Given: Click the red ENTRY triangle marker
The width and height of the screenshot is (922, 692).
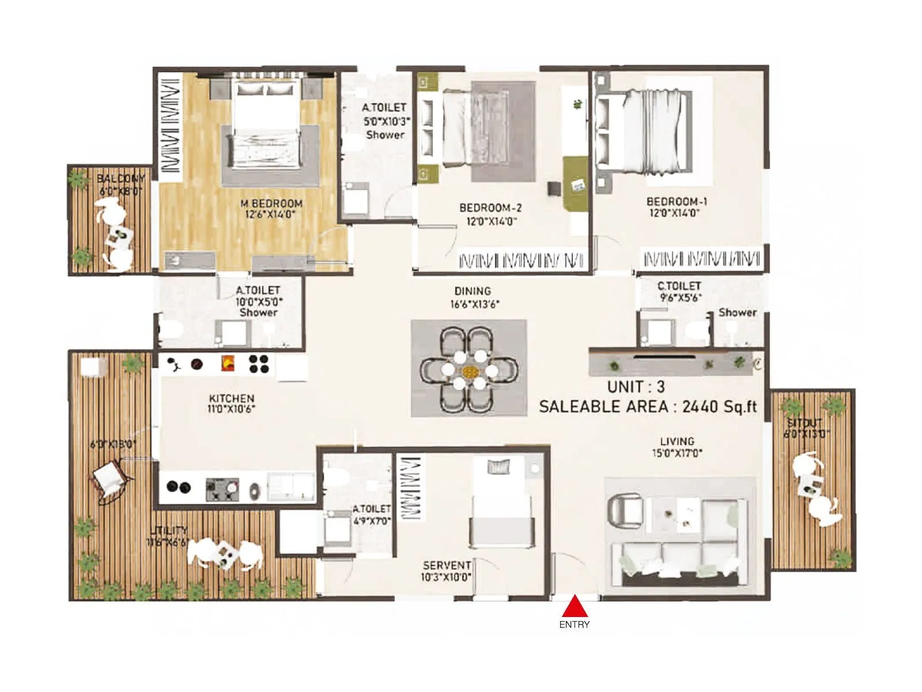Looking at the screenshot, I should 574,607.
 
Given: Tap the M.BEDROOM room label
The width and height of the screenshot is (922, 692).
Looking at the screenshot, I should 271,204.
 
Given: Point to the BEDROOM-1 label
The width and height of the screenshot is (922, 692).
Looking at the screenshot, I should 677,202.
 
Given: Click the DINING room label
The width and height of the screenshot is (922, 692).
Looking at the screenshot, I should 473,291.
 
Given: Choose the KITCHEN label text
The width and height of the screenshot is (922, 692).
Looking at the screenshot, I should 232,398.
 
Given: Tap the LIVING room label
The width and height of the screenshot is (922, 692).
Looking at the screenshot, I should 677,442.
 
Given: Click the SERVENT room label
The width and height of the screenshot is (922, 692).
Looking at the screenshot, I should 447,565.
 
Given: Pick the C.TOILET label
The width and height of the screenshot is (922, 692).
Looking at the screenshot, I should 679,286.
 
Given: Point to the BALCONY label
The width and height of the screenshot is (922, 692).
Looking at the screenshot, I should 120,179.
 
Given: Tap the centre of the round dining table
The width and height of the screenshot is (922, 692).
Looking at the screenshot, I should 469,370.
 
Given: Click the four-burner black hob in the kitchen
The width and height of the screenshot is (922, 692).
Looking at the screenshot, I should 259,363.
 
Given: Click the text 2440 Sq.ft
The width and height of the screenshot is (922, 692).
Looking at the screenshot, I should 719,407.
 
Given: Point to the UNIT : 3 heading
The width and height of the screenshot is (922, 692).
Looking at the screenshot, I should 636,386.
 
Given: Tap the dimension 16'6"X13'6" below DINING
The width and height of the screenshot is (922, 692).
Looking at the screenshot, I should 474,304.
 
